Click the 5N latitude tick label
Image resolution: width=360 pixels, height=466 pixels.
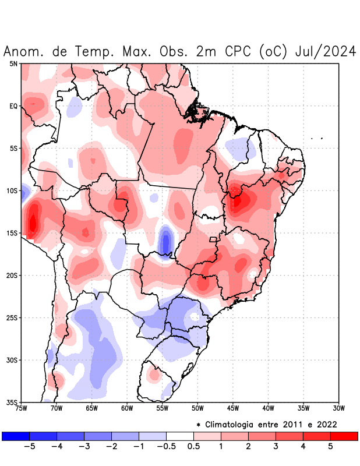tap(13, 63)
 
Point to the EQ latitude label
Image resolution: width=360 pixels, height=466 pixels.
tap(13, 106)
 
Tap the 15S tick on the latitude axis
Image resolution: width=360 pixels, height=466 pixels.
tap(12, 233)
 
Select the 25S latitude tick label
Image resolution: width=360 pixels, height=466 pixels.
tap(12, 317)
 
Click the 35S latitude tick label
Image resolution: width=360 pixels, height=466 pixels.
tap(12, 402)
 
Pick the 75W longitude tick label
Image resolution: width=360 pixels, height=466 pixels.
tap(22, 408)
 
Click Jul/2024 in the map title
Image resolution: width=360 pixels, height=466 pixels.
tap(326, 51)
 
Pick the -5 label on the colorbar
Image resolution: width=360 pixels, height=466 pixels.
tap(29, 447)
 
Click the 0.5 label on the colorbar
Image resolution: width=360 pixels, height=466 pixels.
tap(193, 447)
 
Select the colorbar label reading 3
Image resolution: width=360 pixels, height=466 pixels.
tap(276, 447)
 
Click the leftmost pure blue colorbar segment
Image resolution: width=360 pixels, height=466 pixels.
tap(16, 436)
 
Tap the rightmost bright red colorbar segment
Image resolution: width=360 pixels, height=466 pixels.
tap(344, 436)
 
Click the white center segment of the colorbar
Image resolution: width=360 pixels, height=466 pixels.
tap(179, 436)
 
